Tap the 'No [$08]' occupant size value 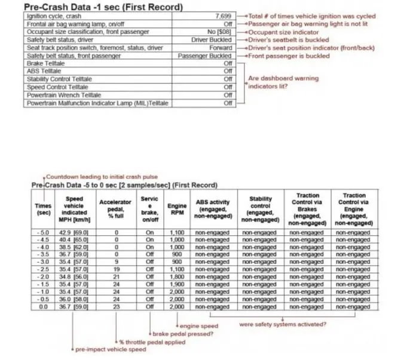coord(219,32)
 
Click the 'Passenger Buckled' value coord(205,56)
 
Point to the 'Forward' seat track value coord(221,48)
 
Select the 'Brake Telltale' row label coord(45,63)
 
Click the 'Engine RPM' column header coord(176,210)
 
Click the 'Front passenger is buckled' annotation coord(289,56)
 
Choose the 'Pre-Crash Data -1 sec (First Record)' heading coord(102,7)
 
